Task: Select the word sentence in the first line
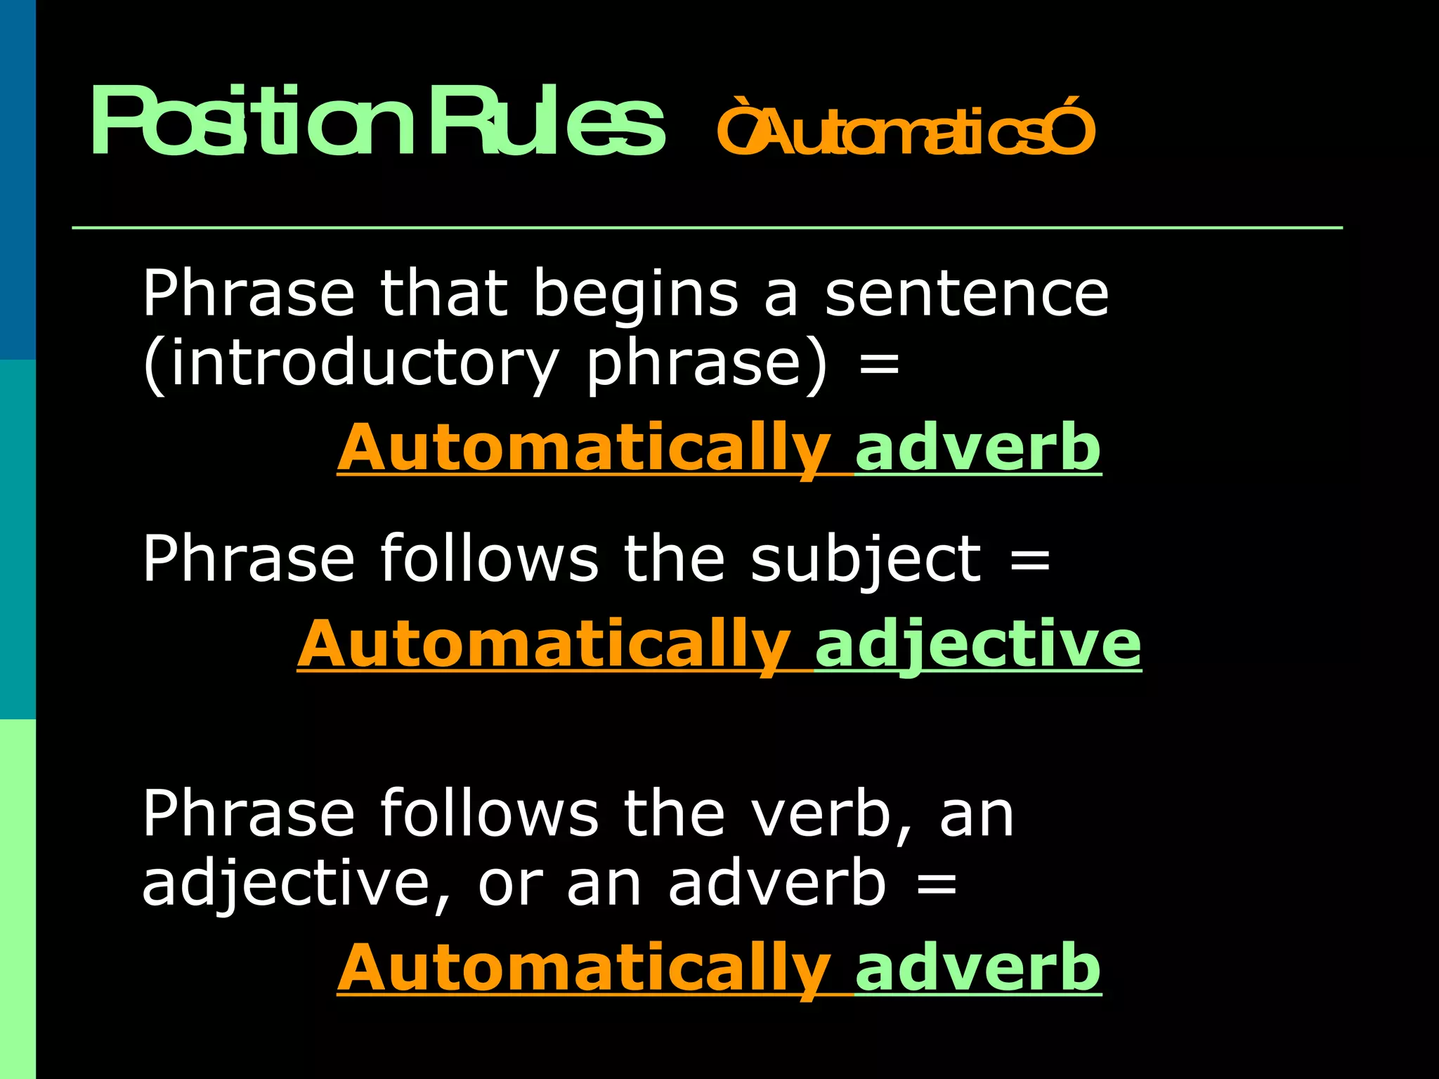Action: [x=966, y=294]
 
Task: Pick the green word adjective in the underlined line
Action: [x=977, y=645]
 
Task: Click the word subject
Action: [x=865, y=560]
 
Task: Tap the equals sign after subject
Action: [x=1030, y=560]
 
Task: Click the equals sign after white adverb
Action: [x=937, y=884]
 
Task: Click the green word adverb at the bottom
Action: [x=977, y=968]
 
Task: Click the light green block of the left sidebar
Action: [x=18, y=899]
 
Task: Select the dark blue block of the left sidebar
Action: [x=18, y=179]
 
